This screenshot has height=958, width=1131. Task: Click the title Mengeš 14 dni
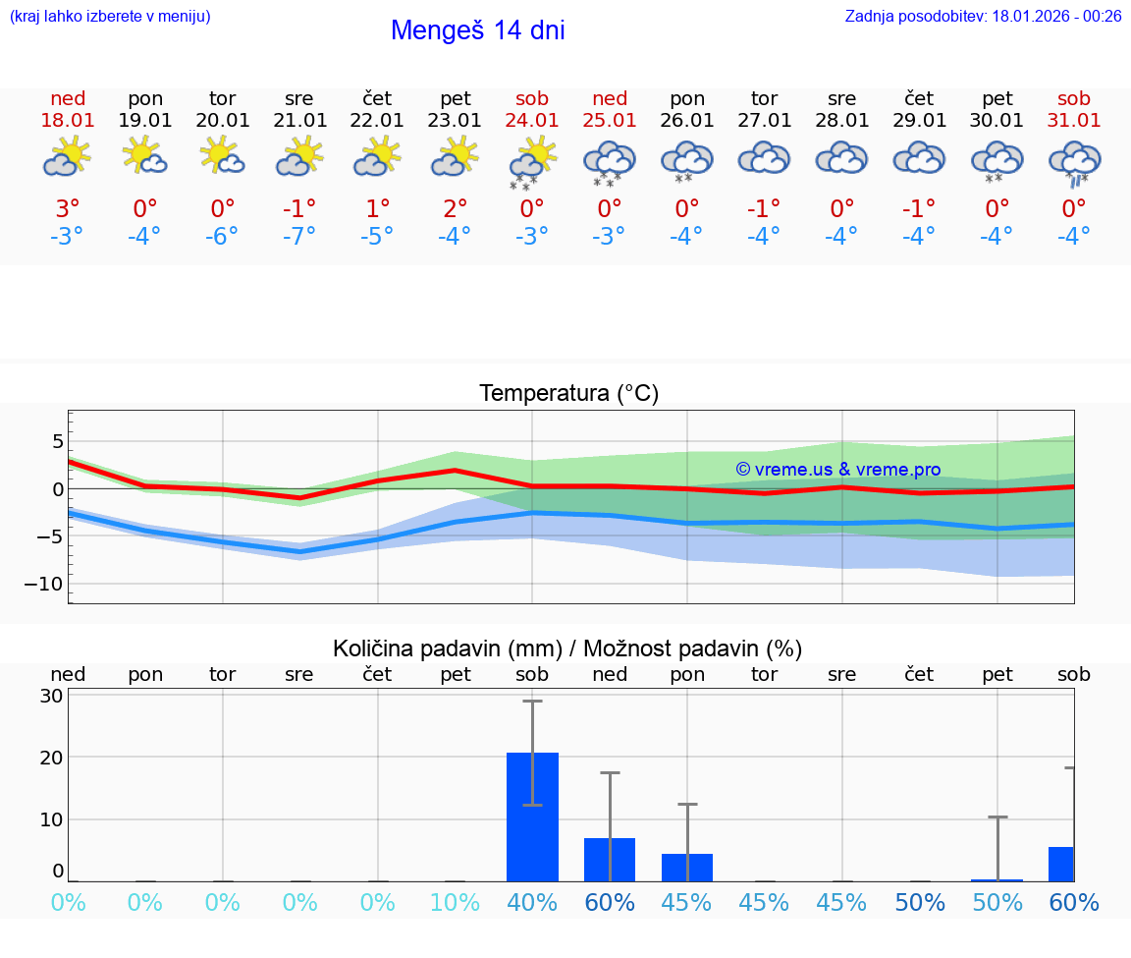tap(477, 30)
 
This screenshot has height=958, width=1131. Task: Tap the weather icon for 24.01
tap(532, 160)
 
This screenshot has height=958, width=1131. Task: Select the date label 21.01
tap(299, 121)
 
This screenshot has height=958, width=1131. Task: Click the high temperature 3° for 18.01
tap(68, 209)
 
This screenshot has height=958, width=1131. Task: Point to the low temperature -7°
tap(299, 237)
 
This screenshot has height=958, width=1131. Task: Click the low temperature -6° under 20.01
tap(223, 237)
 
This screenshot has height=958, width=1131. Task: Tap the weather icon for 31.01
tap(1074, 162)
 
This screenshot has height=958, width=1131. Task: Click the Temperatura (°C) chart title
tap(568, 394)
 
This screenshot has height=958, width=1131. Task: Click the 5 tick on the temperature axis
tap(57, 440)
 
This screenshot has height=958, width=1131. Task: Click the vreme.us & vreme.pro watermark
tap(837, 470)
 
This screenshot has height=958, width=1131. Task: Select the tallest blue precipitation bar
tap(532, 817)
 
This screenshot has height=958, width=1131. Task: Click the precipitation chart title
tap(567, 648)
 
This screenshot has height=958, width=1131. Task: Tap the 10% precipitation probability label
tap(455, 903)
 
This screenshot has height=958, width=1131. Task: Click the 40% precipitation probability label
tap(532, 903)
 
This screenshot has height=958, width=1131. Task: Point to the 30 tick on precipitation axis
tap(51, 696)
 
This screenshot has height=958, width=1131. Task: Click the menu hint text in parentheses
tap(110, 17)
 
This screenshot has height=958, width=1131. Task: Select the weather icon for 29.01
tap(919, 158)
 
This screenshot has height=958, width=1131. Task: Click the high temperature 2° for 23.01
tap(455, 209)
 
